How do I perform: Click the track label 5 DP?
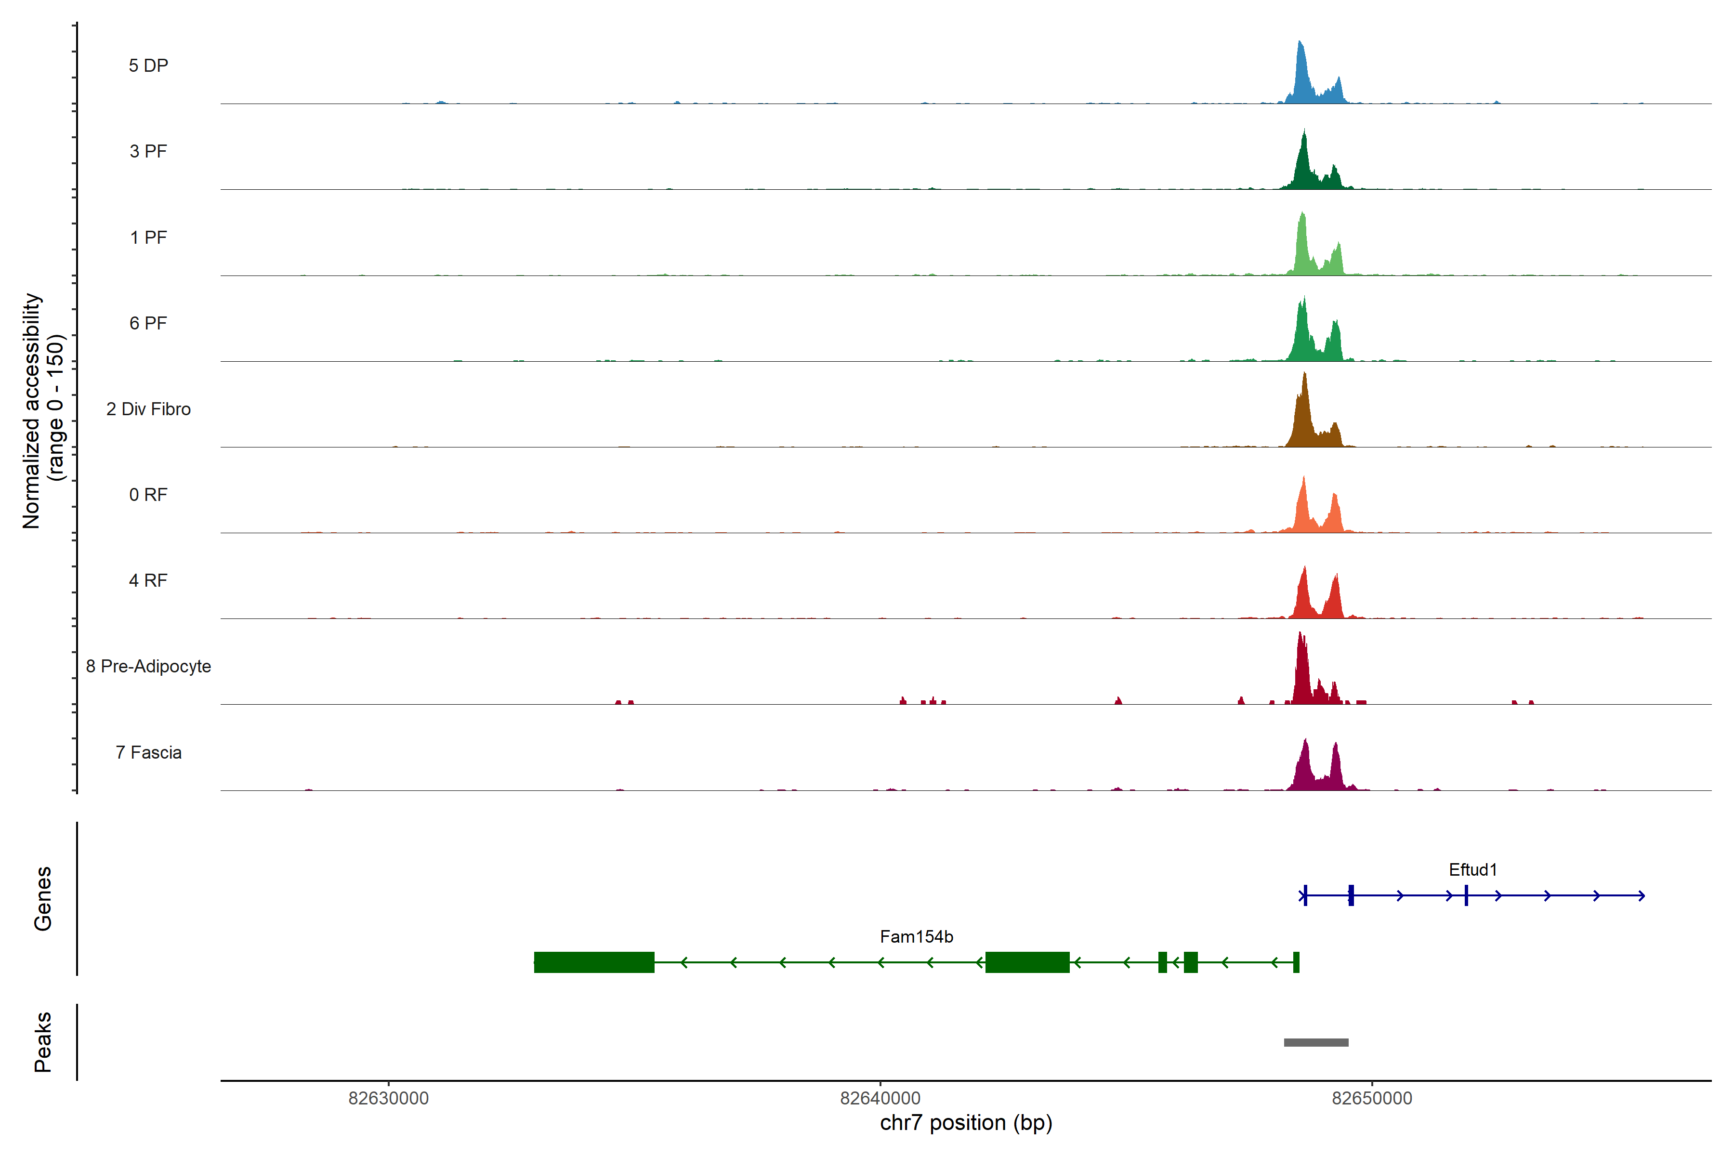[x=148, y=66]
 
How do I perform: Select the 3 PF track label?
[x=148, y=151]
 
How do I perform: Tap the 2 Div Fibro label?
[x=148, y=409]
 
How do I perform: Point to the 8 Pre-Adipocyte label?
[x=148, y=667]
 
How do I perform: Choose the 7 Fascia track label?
[x=148, y=753]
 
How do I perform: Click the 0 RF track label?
[x=148, y=495]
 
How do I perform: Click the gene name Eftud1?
[x=1472, y=870]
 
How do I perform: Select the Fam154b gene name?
[x=917, y=937]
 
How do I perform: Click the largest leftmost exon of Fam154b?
[x=594, y=962]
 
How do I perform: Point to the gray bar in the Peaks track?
[x=1316, y=1042]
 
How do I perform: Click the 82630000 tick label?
[x=389, y=1099]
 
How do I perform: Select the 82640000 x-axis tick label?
[x=880, y=1099]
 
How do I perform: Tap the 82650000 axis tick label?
[x=1372, y=1099]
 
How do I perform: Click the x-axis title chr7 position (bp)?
[x=966, y=1123]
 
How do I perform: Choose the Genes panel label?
[x=43, y=899]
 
